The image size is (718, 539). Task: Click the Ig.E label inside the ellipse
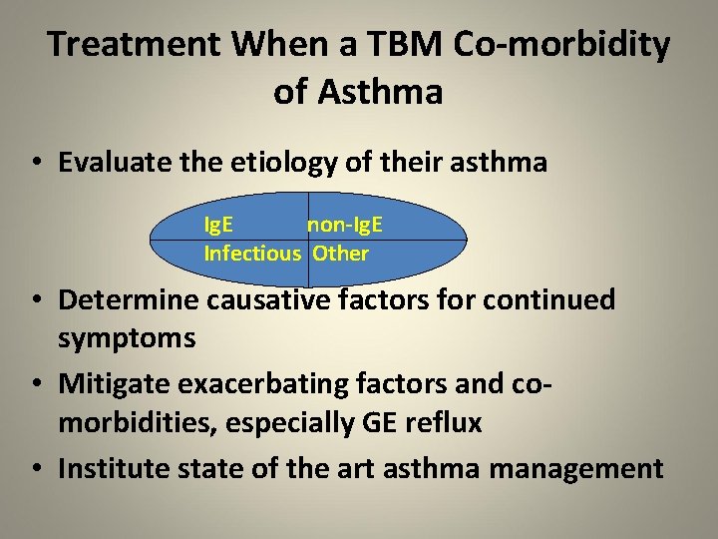click(219, 227)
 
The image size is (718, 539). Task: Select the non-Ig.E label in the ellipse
click(344, 227)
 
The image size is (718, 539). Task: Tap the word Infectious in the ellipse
click(251, 254)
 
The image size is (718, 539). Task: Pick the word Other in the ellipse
click(340, 254)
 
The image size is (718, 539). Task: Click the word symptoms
click(127, 338)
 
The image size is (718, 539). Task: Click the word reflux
click(445, 423)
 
